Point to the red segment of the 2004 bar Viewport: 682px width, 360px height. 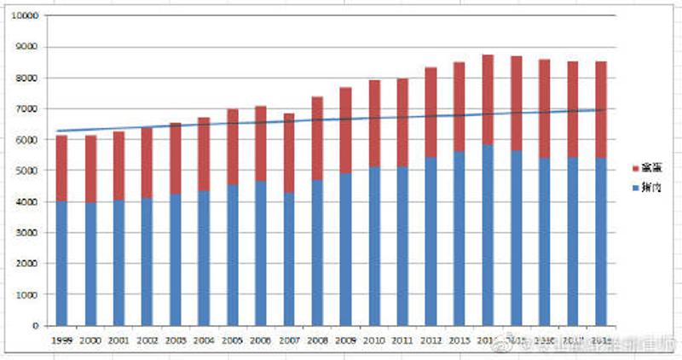204,154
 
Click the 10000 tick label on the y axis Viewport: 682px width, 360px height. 28,16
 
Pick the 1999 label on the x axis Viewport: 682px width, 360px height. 61,340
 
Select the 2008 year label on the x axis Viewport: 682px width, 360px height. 317,340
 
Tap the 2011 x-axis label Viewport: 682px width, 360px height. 402,340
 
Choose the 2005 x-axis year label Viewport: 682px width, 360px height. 232,340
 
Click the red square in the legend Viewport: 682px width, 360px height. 633,167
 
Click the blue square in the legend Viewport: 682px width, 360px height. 633,185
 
